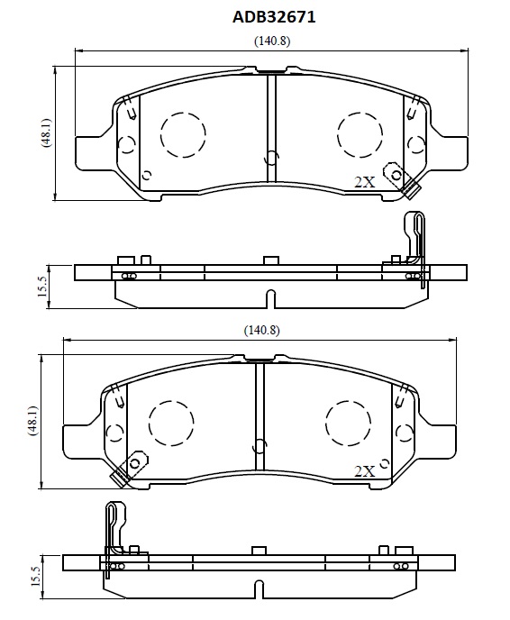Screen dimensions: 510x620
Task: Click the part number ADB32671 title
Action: [x=274, y=17]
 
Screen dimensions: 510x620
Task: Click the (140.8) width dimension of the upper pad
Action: [x=272, y=41]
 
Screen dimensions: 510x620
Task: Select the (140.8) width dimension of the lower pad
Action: [x=261, y=330]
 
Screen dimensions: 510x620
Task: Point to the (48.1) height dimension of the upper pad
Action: [x=47, y=132]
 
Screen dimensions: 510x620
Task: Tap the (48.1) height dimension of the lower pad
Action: [x=32, y=421]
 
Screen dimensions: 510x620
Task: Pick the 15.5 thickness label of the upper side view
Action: [x=42, y=287]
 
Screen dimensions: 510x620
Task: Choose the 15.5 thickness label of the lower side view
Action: [x=36, y=576]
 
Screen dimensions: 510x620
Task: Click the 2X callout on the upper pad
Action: [x=364, y=182]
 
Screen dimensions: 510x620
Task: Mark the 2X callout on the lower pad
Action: [x=364, y=471]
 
